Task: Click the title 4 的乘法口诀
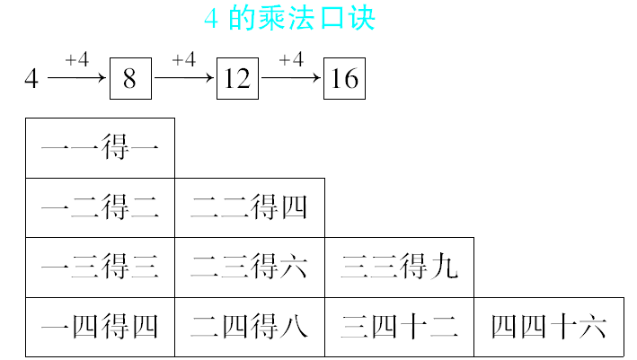(289, 19)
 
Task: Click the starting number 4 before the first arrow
(31, 79)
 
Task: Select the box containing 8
(129, 79)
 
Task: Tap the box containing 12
(237, 79)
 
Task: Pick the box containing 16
(344, 79)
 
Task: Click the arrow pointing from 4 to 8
(77, 79)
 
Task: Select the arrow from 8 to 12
(185, 79)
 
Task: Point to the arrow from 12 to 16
(292, 79)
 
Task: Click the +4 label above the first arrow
(77, 60)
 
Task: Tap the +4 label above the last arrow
(291, 60)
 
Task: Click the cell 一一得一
(100, 148)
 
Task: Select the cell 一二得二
(100, 208)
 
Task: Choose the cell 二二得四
(250, 208)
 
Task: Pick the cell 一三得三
(100, 268)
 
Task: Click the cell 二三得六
(250, 268)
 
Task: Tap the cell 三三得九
(399, 268)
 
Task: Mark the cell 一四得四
(100, 327)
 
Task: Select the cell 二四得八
(250, 327)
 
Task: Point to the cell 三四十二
(399, 327)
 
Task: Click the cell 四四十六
(549, 327)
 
